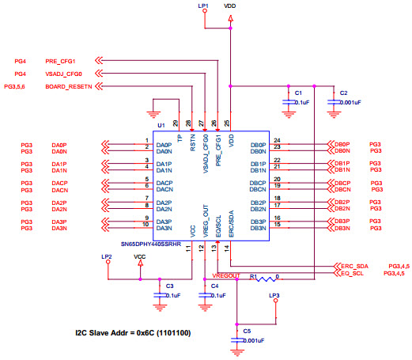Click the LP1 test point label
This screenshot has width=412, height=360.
(x=202, y=6)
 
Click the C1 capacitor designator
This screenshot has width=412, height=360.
(x=298, y=93)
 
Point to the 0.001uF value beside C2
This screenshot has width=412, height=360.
(x=350, y=102)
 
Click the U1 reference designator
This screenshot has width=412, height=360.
(x=161, y=125)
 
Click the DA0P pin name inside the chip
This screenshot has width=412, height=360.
(x=164, y=146)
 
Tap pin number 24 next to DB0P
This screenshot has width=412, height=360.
(x=276, y=141)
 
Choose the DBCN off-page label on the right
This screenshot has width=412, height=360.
(x=342, y=190)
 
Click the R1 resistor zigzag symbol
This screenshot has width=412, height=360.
(x=267, y=278)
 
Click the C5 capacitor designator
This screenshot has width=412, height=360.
(x=247, y=331)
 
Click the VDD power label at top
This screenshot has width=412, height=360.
(x=229, y=6)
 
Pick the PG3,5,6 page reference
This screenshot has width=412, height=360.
(x=17, y=85)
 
